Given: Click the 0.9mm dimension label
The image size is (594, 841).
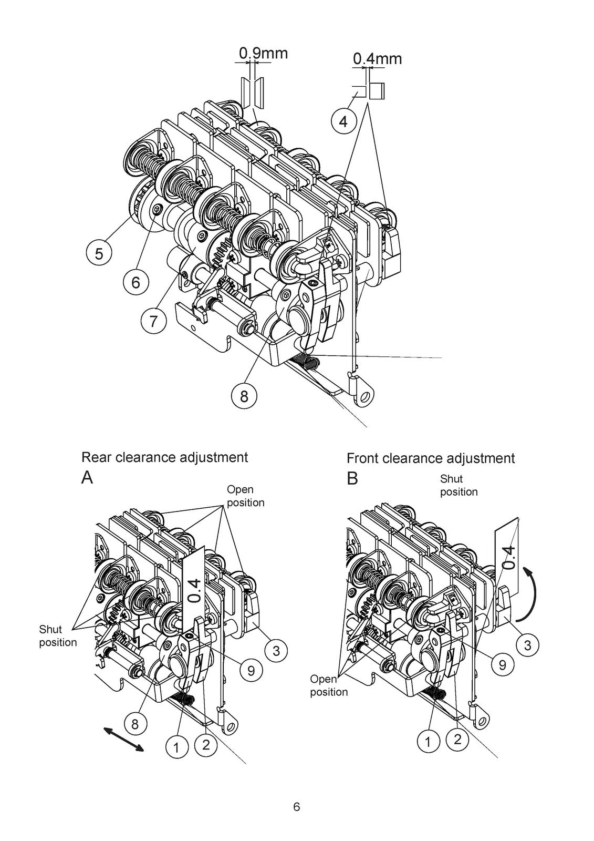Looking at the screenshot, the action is (263, 53).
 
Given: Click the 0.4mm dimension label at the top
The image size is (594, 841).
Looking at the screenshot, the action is (377, 58).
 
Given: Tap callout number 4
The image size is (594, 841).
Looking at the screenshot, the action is (343, 121).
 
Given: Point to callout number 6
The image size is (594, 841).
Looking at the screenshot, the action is (136, 281).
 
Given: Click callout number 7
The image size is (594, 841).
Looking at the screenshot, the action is (153, 321).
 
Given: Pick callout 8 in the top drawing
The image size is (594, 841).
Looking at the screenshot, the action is (244, 395).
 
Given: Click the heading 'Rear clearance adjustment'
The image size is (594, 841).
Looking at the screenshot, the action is (165, 457).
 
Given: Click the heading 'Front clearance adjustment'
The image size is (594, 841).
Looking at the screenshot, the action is (430, 458).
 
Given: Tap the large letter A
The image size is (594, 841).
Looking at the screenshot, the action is (87, 478).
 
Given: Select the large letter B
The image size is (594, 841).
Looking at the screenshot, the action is (352, 478).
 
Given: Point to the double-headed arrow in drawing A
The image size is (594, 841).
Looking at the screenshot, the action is (123, 739).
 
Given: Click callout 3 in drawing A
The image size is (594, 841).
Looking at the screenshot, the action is (276, 650).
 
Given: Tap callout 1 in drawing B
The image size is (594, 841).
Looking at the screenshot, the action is (428, 742).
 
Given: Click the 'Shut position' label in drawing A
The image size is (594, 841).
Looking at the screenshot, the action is (58, 635).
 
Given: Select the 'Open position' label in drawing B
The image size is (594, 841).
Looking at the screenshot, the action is (329, 685).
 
